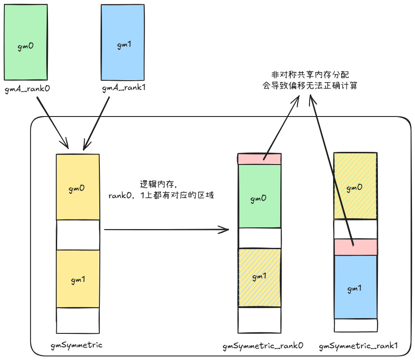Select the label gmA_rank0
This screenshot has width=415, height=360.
point(27,89)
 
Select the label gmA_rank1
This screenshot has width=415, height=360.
point(124,89)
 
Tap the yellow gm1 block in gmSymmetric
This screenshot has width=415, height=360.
point(78,278)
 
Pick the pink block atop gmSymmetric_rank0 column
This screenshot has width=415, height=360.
point(259,159)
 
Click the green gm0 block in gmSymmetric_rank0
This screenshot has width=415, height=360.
point(259,196)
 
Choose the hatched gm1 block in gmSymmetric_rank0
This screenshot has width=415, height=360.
point(259,278)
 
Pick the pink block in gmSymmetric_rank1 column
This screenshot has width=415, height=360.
point(355,247)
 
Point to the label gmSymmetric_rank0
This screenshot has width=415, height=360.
point(263,346)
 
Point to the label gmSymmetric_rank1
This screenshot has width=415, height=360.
point(359,346)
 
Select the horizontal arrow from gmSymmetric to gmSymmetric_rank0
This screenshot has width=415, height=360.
point(166,229)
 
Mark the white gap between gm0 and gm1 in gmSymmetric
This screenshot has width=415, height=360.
point(78,235)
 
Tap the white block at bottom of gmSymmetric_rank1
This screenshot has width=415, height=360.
point(355,325)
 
